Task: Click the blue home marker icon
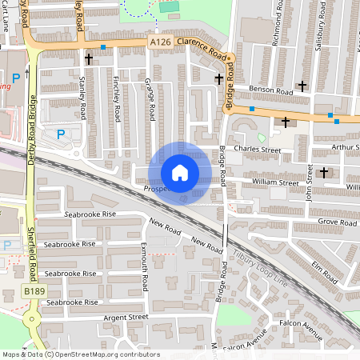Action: pos(180,173)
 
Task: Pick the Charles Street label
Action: pos(258,150)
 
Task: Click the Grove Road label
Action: pos(336,222)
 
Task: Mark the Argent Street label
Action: pos(126,317)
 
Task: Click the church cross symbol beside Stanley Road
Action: pos(89,58)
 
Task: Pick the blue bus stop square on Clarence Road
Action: pos(103,47)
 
